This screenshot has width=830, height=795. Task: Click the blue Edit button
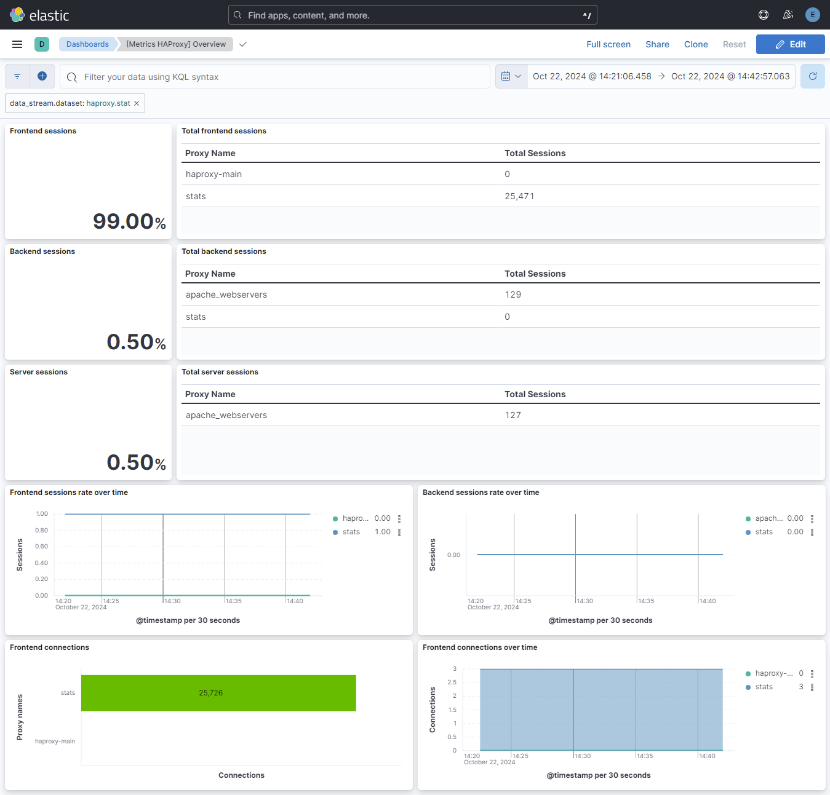790,44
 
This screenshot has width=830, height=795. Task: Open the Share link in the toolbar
657,44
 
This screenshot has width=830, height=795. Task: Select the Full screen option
608,44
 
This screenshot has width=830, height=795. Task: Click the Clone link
696,44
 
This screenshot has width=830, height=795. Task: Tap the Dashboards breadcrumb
87,44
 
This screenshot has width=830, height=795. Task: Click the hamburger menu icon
17,44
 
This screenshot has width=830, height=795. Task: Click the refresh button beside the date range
812,76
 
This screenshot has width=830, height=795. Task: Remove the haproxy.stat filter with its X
137,103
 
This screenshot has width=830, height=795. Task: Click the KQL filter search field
277,77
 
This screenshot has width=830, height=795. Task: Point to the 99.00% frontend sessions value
129,221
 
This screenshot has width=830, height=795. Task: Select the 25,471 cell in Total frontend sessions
519,196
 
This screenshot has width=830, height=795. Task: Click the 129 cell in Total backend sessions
513,295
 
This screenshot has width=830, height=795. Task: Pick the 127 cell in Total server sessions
513,415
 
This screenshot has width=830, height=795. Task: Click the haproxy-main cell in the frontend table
213,174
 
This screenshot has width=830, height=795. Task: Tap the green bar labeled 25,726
218,693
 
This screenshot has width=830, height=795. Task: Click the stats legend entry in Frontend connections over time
764,687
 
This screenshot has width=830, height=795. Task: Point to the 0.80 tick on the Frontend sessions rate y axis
42,530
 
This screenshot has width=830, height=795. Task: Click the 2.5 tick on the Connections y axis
452,682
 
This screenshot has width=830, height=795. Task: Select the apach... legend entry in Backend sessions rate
768,518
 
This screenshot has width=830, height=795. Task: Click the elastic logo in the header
40,15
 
